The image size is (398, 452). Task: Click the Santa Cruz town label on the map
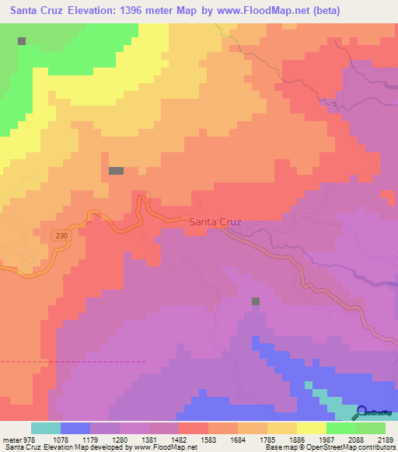tap(215, 222)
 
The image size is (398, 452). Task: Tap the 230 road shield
tap(61, 235)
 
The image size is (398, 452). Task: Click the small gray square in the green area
tap(22, 40)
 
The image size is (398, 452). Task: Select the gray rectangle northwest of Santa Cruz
tap(116, 171)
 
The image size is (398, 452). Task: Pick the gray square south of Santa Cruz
tap(255, 301)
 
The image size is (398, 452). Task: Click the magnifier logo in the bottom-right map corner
tap(362, 413)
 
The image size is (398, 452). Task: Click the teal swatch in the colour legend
tap(45, 428)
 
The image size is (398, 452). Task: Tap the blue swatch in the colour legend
tap(75, 428)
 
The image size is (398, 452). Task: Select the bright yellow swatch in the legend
tap(311, 428)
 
